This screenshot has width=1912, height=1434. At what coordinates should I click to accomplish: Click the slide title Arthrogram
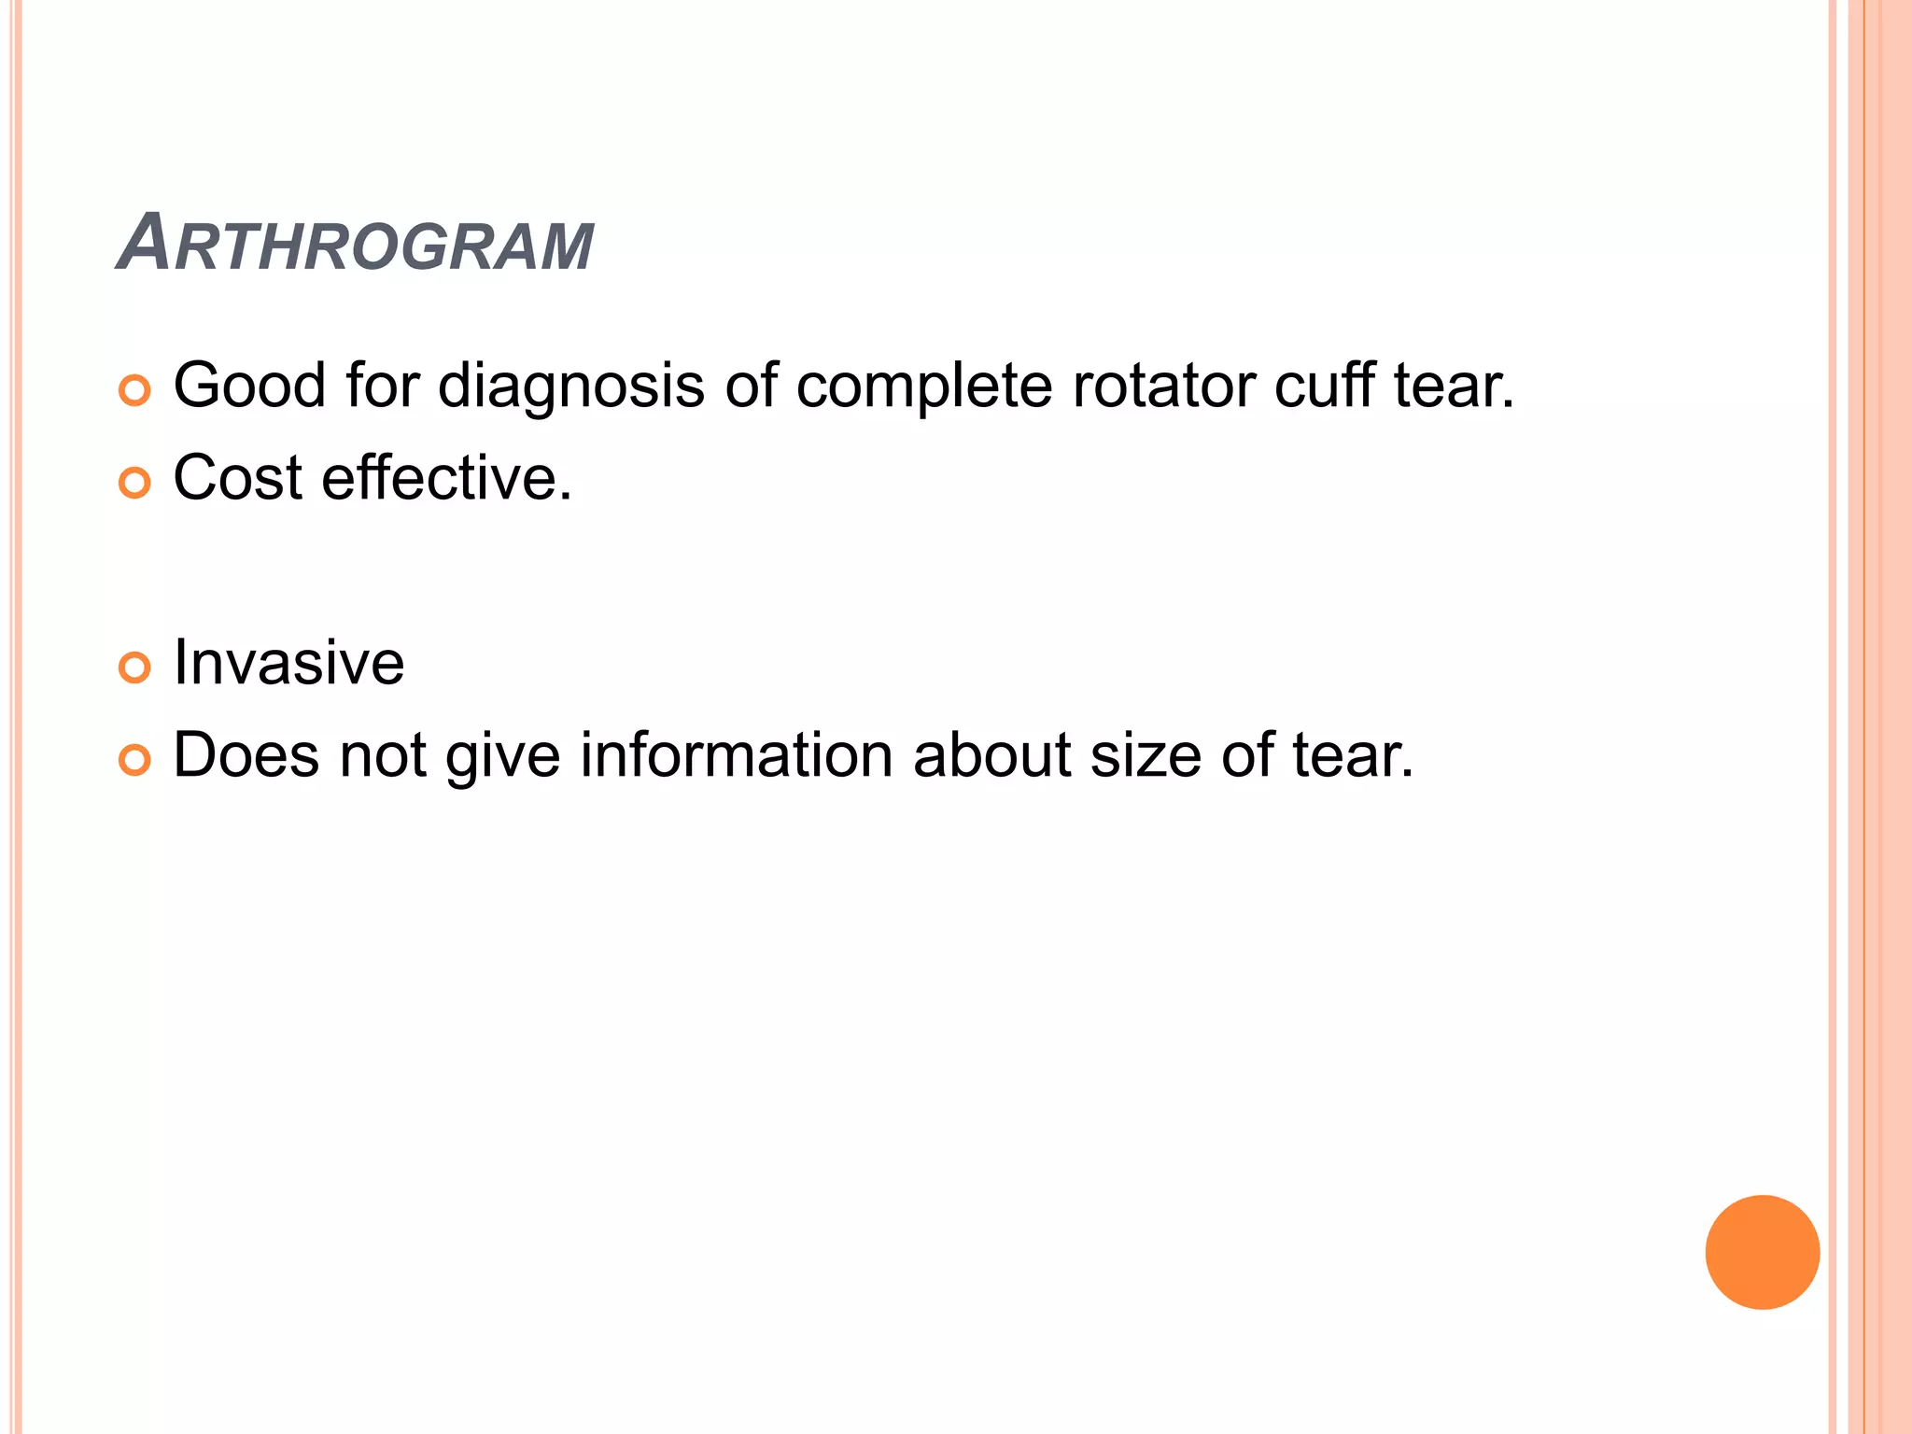click(x=355, y=245)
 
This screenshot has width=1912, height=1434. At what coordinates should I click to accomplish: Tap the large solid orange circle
click(x=1762, y=1252)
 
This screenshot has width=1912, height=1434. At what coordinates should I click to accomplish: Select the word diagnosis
click(x=570, y=387)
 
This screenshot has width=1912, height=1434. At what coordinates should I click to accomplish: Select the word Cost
click(x=238, y=478)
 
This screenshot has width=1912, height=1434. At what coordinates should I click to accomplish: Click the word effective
click(x=446, y=478)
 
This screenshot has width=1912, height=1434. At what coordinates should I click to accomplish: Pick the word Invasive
click(x=288, y=663)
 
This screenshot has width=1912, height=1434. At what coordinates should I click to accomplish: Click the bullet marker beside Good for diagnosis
click(x=135, y=390)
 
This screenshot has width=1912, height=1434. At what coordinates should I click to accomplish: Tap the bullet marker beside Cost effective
click(x=135, y=483)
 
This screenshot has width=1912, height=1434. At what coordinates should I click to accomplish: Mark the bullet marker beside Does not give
click(x=135, y=760)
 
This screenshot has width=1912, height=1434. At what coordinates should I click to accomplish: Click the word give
click(x=502, y=756)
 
